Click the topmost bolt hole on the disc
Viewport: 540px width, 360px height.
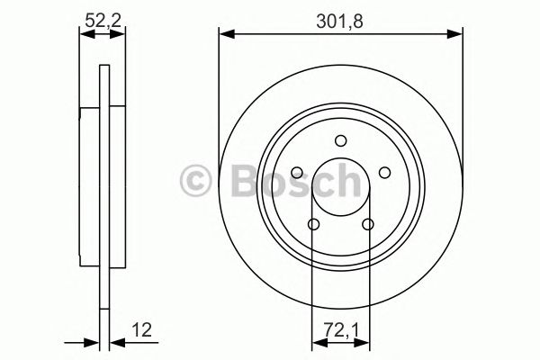tap(340, 139)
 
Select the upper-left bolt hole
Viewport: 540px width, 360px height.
tap(297, 172)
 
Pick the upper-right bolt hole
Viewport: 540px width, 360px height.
tap(384, 172)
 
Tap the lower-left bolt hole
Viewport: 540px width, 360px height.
tap(313, 224)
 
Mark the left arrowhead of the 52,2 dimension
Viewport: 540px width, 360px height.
tap(84, 34)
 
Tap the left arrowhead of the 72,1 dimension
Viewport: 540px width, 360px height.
tap(315, 342)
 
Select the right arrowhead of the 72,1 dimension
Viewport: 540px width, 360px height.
tap(366, 342)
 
